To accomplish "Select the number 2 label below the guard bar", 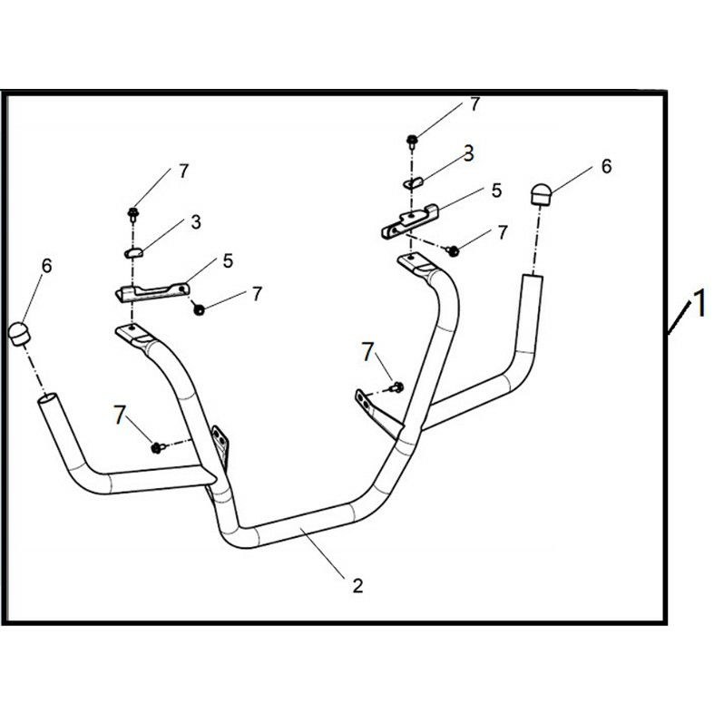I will tap(357, 586).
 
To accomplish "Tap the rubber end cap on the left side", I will tap(18, 332).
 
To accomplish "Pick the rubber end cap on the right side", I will tap(541, 193).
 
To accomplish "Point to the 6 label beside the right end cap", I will tap(606, 166).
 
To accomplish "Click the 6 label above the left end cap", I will tap(46, 266).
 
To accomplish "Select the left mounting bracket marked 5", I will tap(152, 292).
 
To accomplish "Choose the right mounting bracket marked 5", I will tap(408, 220).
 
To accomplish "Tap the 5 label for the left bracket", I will tap(227, 260).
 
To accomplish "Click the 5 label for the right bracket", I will tap(495, 191).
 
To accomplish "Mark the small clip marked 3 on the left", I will tap(132, 252).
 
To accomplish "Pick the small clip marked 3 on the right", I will tap(413, 182).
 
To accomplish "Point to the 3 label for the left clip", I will tap(195, 222).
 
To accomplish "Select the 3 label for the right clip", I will tap(468, 154).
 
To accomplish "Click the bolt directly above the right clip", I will tap(412, 140).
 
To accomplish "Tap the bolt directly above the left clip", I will tap(132, 213).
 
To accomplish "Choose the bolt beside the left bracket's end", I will tap(199, 309).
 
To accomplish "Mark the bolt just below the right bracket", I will tap(454, 249).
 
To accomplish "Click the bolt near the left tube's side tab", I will tap(157, 446).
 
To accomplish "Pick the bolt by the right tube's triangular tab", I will tap(396, 387).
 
